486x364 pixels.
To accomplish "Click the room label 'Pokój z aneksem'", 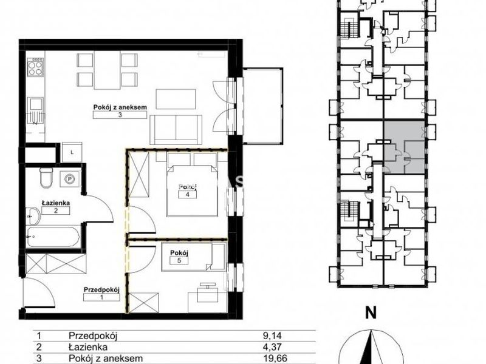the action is point(120,107).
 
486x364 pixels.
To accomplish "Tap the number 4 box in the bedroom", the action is point(187,194).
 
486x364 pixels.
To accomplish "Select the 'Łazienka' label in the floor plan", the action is point(56,203).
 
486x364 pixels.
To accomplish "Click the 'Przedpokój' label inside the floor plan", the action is point(101,290).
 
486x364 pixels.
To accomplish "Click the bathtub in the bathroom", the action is point(53,237).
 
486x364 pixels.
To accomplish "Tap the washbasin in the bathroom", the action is point(33,216).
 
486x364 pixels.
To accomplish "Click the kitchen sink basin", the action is point(35,104).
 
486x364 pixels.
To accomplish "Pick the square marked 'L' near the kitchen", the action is point(72,152).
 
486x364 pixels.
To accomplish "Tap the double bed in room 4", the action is point(191,190).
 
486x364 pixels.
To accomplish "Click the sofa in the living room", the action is point(176,129).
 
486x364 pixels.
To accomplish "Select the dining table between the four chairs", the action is point(107,70).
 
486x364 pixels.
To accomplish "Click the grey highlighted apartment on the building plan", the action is point(404,147).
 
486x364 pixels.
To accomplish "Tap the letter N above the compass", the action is point(371,313).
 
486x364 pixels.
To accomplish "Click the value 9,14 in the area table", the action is point(272,335).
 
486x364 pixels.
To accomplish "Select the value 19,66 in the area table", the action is point(273,359).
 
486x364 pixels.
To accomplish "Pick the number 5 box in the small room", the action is point(179,260).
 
